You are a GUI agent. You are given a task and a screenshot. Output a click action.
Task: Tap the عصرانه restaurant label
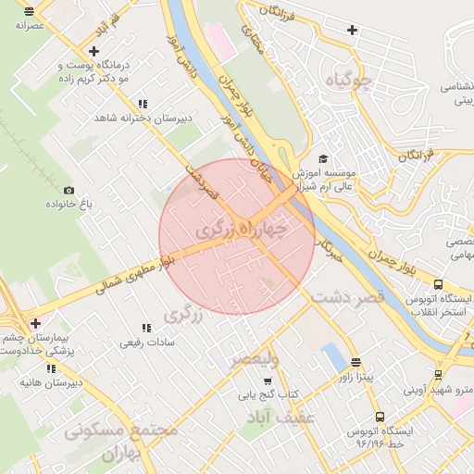pyautogui.click(x=31, y=26)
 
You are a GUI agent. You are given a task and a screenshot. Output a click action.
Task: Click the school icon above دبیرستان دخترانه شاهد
pyautogui.click(x=142, y=105)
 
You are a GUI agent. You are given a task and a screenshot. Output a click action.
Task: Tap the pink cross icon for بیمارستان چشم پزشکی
pyautogui.click(x=35, y=323)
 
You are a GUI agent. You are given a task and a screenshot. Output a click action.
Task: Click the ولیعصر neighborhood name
pyautogui.click(x=253, y=357)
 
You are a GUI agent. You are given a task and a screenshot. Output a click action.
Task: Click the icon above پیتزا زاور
pyautogui.click(x=356, y=363)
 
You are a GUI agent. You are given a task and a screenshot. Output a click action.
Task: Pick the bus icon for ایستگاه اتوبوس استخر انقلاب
pyautogui.click(x=437, y=285)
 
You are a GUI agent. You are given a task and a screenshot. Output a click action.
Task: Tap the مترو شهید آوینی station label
pyautogui.click(x=440, y=390)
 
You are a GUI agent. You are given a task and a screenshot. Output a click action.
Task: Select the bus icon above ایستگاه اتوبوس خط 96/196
pyautogui.click(x=379, y=418)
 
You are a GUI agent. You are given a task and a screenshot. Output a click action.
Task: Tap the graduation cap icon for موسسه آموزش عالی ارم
pyautogui.click(x=322, y=158)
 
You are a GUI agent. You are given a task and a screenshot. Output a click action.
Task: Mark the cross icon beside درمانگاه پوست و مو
pyautogui.click(x=94, y=51)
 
